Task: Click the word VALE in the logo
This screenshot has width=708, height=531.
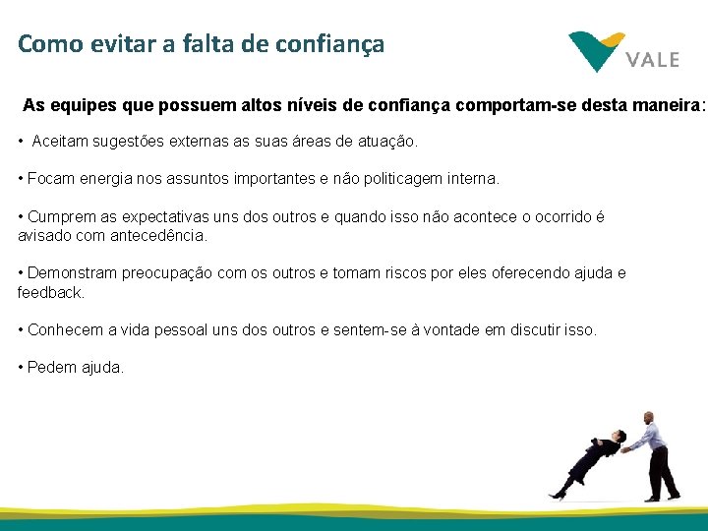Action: pyautogui.click(x=652, y=59)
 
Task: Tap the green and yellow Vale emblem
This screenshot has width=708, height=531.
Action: pyautogui.click(x=596, y=50)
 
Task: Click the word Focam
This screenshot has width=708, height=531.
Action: pyautogui.click(x=49, y=179)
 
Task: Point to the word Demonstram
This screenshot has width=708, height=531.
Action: pyautogui.click(x=72, y=273)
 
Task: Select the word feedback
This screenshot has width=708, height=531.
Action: pyautogui.click(x=50, y=293)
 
